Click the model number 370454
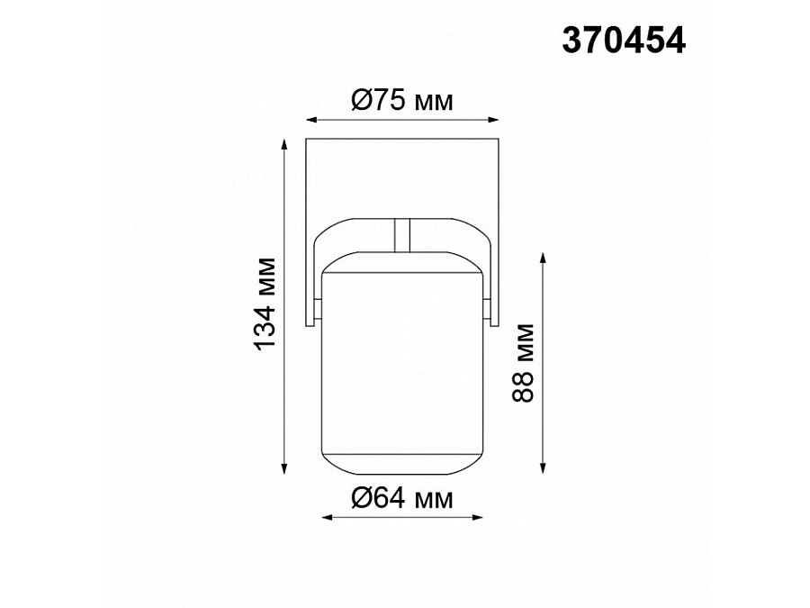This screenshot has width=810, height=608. coord(623,39)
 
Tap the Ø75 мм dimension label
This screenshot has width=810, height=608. coord(401,101)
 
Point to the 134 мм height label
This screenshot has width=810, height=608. coord(264,304)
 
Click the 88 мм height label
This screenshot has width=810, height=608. coord(525,362)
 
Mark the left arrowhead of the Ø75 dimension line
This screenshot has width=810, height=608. coord(310,119)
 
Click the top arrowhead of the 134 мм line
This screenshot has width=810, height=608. coord(285,144)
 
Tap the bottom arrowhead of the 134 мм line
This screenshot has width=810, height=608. coord(285,467)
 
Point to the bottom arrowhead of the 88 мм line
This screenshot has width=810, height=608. coord(544,467)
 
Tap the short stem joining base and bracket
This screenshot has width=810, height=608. coord(402,235)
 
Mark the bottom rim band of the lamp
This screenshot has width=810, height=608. coord(401,465)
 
